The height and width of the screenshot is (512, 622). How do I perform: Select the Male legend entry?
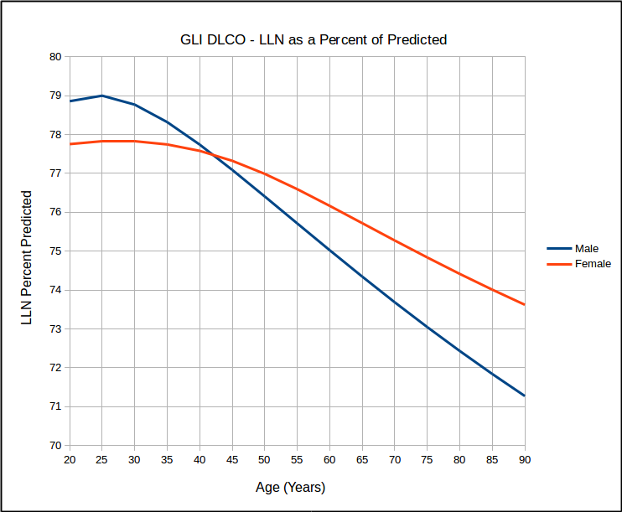[x=586, y=249]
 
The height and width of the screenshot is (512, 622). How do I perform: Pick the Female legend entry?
[x=592, y=264]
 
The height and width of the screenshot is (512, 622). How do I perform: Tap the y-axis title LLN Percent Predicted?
[x=27, y=257]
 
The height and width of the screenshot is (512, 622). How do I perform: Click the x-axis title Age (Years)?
[x=290, y=487]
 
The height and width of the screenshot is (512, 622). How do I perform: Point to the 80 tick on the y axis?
[x=56, y=57]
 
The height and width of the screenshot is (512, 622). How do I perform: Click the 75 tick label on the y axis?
[x=56, y=251]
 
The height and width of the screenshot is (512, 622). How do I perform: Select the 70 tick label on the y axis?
[x=56, y=445]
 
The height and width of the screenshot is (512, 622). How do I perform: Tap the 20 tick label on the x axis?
[x=70, y=460]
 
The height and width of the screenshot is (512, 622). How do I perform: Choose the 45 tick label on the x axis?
[x=232, y=460]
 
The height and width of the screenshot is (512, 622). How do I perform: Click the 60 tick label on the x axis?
[x=329, y=460]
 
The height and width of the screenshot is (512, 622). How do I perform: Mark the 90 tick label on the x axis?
[x=525, y=460]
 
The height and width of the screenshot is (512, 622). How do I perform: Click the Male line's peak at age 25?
[x=102, y=96]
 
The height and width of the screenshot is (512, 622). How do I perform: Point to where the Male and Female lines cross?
[x=212, y=155]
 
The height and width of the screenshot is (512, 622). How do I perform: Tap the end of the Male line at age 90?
[x=525, y=396]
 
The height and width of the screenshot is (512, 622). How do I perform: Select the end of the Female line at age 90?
[x=525, y=304]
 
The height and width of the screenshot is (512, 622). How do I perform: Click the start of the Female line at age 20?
[x=70, y=144]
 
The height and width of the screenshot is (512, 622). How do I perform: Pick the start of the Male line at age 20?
[x=70, y=101]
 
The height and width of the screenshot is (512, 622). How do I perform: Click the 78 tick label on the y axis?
[x=56, y=135]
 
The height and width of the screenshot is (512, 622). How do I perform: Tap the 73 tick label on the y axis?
[x=56, y=328]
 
